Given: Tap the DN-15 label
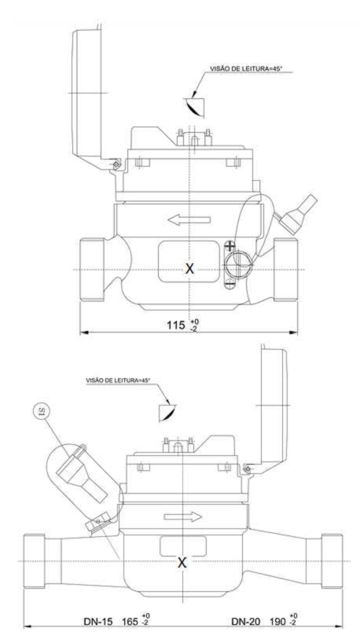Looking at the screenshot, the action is (97, 621).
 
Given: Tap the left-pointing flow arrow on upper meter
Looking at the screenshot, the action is (189, 220).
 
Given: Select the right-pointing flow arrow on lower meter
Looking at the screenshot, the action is (183, 517).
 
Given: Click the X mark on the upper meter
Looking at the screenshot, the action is (189, 268).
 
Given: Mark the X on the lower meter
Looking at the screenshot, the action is (183, 563).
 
